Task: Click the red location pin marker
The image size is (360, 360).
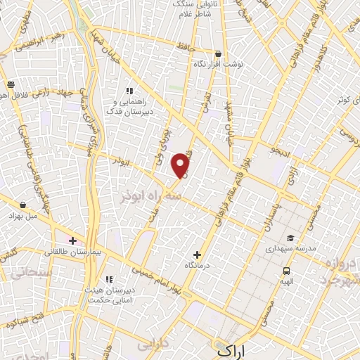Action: [x=181, y=165]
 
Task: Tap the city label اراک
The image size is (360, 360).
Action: [x=233, y=349]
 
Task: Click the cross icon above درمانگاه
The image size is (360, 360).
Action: [x=196, y=255]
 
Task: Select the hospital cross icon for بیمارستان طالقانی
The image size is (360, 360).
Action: [x=72, y=240]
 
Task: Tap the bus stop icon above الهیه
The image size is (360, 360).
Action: [x=286, y=270]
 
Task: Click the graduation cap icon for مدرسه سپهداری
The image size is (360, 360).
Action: [x=290, y=238]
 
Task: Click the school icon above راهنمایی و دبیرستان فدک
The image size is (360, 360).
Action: [x=129, y=91]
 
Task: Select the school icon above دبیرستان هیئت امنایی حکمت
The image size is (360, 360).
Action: [x=108, y=279]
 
